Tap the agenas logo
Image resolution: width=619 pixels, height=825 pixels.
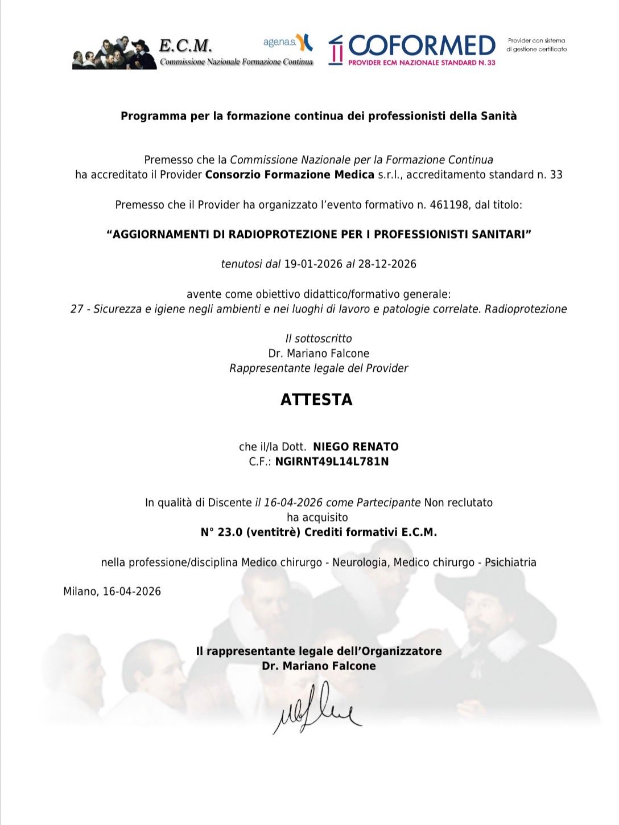[x=287, y=42]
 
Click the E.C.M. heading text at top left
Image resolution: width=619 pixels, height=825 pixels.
[x=185, y=45]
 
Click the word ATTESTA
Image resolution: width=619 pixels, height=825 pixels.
[x=316, y=400]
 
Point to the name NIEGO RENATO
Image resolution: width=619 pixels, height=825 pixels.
[x=356, y=447]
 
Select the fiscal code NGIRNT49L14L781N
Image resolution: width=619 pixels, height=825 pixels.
[x=332, y=462]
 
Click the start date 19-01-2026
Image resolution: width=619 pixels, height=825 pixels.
[x=313, y=264]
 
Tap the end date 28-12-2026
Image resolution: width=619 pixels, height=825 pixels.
[x=387, y=264]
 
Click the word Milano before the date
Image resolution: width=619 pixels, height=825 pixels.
[x=80, y=592]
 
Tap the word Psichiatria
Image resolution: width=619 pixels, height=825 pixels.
[x=510, y=563]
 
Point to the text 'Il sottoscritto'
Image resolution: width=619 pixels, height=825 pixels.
[x=319, y=339]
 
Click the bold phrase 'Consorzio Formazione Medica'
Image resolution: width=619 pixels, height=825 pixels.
[x=290, y=175]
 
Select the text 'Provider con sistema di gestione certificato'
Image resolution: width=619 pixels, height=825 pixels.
[x=537, y=45]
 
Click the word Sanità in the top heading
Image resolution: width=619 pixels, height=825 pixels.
[x=498, y=116]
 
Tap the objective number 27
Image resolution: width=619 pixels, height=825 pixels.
[x=77, y=309]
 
